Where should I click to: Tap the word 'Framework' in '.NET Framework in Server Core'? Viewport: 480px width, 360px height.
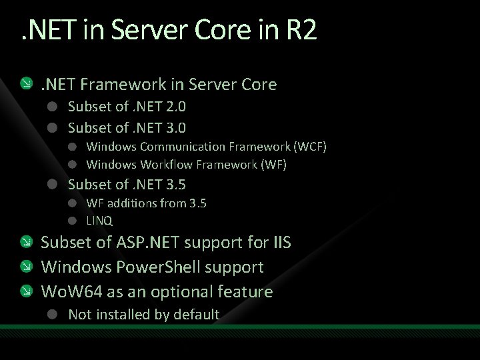(x=108, y=85)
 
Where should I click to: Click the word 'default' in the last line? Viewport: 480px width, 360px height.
(x=196, y=315)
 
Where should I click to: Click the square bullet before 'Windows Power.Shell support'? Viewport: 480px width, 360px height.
(x=25, y=267)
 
